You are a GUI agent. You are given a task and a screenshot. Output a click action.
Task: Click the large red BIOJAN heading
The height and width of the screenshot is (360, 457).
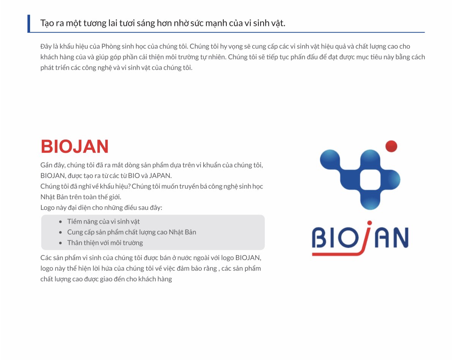[74, 146]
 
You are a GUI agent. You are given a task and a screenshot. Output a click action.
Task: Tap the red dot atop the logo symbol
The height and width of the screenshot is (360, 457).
[391, 146]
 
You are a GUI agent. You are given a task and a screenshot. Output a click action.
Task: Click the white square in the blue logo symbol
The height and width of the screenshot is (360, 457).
[370, 180]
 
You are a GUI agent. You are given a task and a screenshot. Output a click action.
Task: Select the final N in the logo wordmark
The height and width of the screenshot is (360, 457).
[401, 238]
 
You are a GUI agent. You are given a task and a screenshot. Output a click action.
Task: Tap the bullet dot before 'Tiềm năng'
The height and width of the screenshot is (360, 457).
[60, 222]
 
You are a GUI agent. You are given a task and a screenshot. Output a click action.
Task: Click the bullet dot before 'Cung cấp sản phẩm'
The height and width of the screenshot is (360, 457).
[60, 233]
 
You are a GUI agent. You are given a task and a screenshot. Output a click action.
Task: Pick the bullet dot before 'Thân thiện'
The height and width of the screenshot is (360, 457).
[60, 243]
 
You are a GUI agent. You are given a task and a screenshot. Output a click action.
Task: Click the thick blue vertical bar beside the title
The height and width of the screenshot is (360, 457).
[29, 24]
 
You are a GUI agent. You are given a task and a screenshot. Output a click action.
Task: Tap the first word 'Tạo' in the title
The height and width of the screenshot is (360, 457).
[47, 23]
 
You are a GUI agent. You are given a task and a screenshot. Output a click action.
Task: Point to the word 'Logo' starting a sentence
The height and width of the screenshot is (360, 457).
[47, 208]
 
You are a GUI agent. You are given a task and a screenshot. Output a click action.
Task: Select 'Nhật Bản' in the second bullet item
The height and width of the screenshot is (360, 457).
[182, 232]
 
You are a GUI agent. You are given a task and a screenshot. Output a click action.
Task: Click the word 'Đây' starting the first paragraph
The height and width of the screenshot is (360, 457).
[46, 46]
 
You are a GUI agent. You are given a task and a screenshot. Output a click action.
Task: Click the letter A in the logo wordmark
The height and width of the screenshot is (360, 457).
[382, 238]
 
